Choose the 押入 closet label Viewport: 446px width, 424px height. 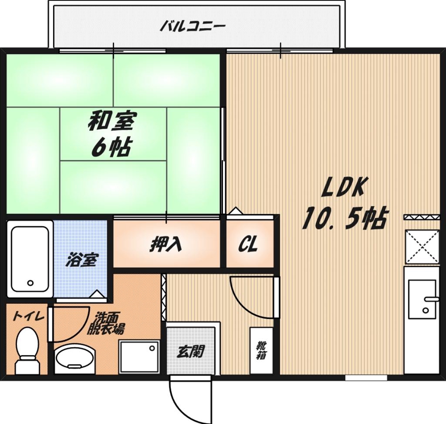165,244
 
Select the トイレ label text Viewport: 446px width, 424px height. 28,316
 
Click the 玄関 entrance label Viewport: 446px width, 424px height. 190,353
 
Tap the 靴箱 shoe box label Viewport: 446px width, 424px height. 260,350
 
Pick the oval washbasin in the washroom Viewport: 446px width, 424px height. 75,359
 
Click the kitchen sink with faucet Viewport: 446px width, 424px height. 421,299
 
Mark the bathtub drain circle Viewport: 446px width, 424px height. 30,283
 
